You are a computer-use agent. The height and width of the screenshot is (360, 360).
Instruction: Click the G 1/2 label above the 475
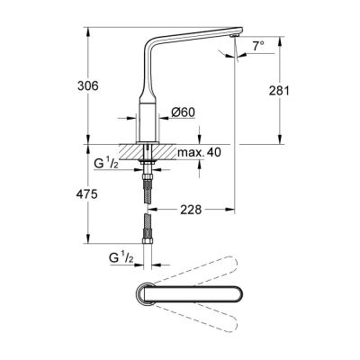(x=105, y=165)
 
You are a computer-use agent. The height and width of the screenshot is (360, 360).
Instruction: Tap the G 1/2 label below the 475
(x=121, y=259)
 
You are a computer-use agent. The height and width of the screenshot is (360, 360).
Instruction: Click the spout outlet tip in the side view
(x=233, y=35)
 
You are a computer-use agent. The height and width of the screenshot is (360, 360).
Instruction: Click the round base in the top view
(x=143, y=296)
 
